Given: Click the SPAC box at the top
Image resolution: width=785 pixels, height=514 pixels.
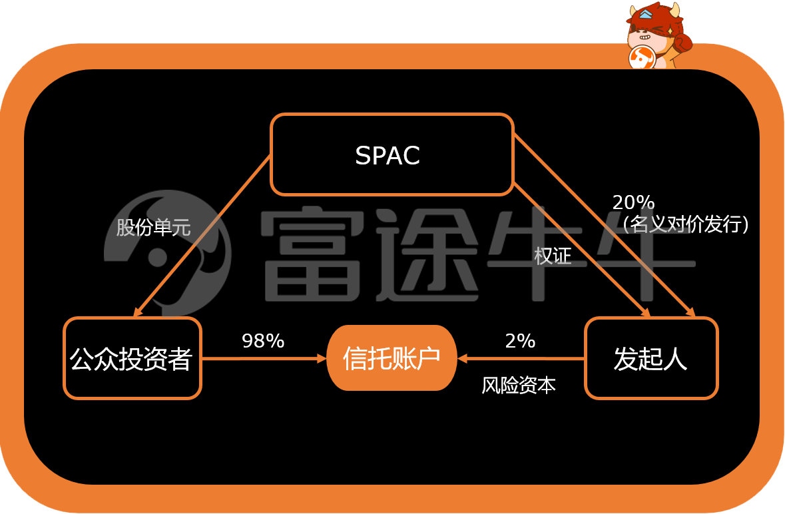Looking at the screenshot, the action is click(x=392, y=154).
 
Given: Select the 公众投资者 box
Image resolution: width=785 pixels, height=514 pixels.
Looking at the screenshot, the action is click(x=132, y=358).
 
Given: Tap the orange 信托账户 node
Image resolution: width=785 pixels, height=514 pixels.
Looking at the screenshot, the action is click(x=392, y=358).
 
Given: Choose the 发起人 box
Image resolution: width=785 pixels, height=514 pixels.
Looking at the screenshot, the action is click(x=651, y=358).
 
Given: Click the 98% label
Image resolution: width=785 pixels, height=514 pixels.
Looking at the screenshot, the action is click(x=263, y=341).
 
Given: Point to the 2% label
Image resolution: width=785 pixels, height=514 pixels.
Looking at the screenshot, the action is click(x=520, y=341).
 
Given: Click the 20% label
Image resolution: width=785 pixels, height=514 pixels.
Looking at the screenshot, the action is click(x=633, y=202).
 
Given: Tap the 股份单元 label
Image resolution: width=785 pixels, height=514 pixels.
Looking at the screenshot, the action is click(x=153, y=227).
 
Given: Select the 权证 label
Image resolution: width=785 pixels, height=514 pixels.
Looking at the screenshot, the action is click(x=553, y=256).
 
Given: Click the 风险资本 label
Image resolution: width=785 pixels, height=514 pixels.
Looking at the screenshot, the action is click(x=519, y=385).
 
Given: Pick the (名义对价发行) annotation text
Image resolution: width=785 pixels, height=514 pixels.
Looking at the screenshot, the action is click(x=686, y=224).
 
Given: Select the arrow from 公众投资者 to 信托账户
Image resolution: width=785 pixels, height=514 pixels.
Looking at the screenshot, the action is click(x=264, y=358).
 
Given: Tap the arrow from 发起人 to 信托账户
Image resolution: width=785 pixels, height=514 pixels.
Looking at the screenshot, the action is click(x=521, y=358).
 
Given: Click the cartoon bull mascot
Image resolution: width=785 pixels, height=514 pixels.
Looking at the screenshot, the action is click(x=658, y=36).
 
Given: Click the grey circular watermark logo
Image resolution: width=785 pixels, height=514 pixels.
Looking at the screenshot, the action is click(x=167, y=253).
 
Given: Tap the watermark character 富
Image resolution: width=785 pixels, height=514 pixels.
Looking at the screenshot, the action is click(x=312, y=255).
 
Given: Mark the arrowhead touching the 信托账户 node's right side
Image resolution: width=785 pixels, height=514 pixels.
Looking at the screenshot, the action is click(x=462, y=358).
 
